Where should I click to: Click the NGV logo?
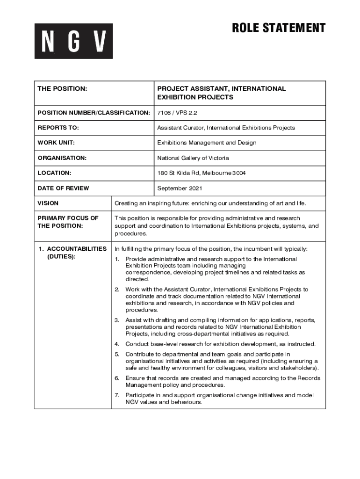pyautogui.click(x=73, y=41)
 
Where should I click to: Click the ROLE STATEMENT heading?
pyautogui.click(x=279, y=28)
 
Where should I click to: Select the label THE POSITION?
pyautogui.click(x=62, y=89)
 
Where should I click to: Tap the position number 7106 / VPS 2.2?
pyautogui.click(x=174, y=113)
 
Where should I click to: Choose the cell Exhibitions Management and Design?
pyautogui.click(x=207, y=143)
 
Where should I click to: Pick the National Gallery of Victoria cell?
pyautogui.click(x=193, y=158)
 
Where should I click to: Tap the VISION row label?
pyautogui.click(x=48, y=203)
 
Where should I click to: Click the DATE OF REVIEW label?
pyautogui.click(x=63, y=188)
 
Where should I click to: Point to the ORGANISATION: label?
pyautogui.click(x=62, y=158)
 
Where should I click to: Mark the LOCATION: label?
pyautogui.click(x=54, y=173)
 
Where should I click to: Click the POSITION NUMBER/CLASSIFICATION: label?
pyautogui.click(x=94, y=113)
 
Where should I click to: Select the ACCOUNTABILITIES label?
pyautogui.click(x=77, y=249)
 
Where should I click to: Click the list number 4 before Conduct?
pyautogui.click(x=117, y=344)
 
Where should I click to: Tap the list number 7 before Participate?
pyautogui.click(x=117, y=395)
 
